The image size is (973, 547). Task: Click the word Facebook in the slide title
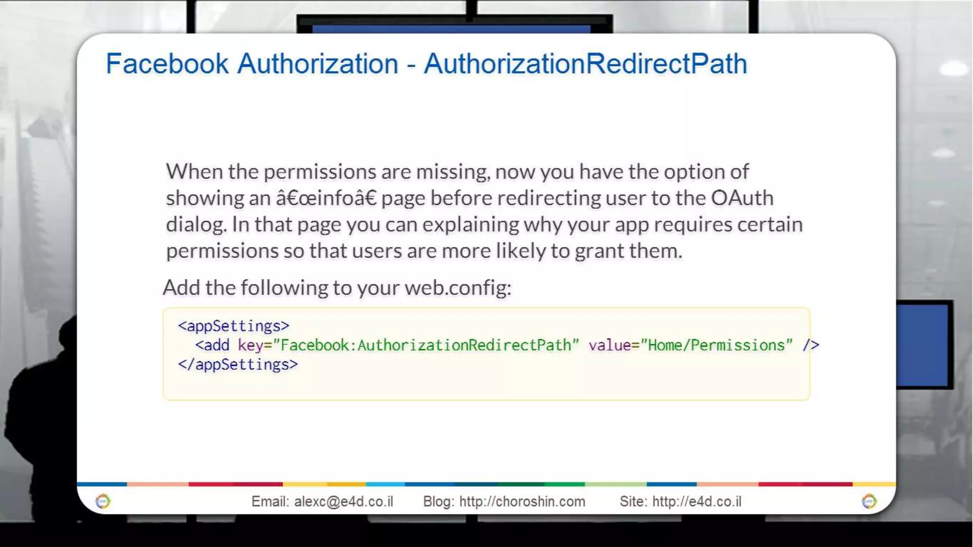[x=167, y=64]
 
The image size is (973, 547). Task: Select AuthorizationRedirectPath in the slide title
[x=585, y=64]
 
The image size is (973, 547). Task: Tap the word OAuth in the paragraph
[x=742, y=198]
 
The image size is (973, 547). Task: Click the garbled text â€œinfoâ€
[x=326, y=198]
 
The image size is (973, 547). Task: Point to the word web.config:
[x=458, y=288]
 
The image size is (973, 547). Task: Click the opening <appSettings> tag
[x=233, y=326]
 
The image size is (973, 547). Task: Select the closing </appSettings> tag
[x=238, y=365]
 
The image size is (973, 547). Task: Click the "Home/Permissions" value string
[x=716, y=345]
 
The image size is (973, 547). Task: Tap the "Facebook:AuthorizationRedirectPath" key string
[x=426, y=345]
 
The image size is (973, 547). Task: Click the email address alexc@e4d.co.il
[x=343, y=501]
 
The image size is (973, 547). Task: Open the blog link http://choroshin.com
[x=522, y=501]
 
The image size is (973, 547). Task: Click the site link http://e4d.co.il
[x=696, y=501]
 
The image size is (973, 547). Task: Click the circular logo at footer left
[x=103, y=501]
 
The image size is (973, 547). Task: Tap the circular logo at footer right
[x=869, y=501]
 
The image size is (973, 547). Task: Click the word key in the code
[x=250, y=345]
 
